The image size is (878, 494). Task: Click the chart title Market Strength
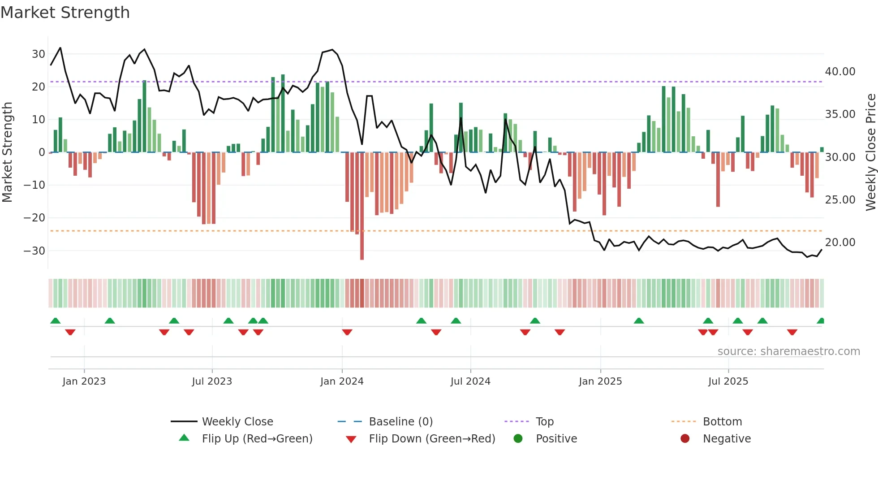click(65, 13)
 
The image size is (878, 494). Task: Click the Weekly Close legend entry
click(237, 421)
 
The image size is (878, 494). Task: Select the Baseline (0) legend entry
click(400, 421)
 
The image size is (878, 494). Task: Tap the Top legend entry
click(544, 421)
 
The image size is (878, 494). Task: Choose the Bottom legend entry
click(722, 421)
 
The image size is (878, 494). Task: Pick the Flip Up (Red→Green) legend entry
click(257, 438)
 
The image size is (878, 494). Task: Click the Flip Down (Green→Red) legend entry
click(432, 438)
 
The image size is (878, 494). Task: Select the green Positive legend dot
click(518, 438)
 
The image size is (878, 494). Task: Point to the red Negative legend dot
click(685, 438)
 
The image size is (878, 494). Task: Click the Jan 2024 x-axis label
click(342, 381)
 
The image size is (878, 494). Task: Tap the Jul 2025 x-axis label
click(728, 381)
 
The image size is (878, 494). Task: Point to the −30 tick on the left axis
click(34, 251)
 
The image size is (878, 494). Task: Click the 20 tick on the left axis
click(38, 87)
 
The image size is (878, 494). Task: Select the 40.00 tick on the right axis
click(840, 72)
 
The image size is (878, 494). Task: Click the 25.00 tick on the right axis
click(840, 199)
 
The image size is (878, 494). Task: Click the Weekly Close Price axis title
click(870, 152)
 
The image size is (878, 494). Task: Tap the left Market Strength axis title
click(7, 152)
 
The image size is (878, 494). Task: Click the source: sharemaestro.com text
click(788, 351)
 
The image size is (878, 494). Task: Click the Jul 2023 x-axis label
click(212, 381)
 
